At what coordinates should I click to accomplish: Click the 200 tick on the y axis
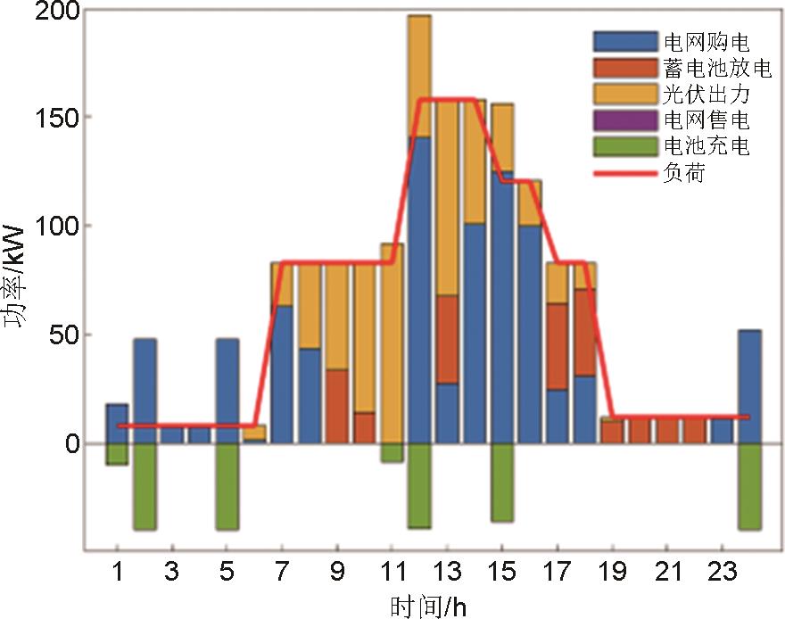[x=59, y=11]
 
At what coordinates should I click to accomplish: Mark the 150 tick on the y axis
[x=59, y=118]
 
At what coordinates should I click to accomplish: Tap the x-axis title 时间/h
[x=428, y=607]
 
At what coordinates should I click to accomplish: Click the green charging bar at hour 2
[x=145, y=486]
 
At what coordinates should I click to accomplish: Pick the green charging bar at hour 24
[x=749, y=486]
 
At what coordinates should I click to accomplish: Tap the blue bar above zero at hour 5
[x=227, y=391]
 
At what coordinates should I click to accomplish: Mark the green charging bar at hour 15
[x=502, y=483]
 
